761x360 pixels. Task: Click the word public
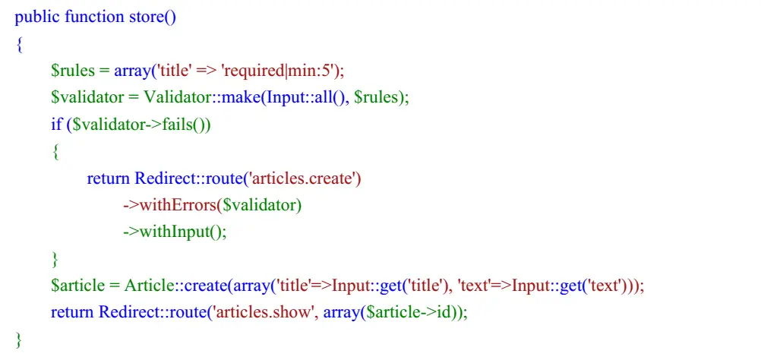tap(36, 17)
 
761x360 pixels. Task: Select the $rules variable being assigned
tap(72, 71)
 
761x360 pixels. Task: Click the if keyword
tap(57, 125)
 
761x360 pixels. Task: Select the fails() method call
tap(190, 125)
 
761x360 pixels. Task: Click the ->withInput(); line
tap(175, 232)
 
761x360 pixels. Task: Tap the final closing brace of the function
tap(19, 339)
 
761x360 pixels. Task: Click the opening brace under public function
tap(19, 44)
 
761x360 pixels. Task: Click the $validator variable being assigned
tap(84, 98)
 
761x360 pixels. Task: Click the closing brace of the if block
tap(55, 259)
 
